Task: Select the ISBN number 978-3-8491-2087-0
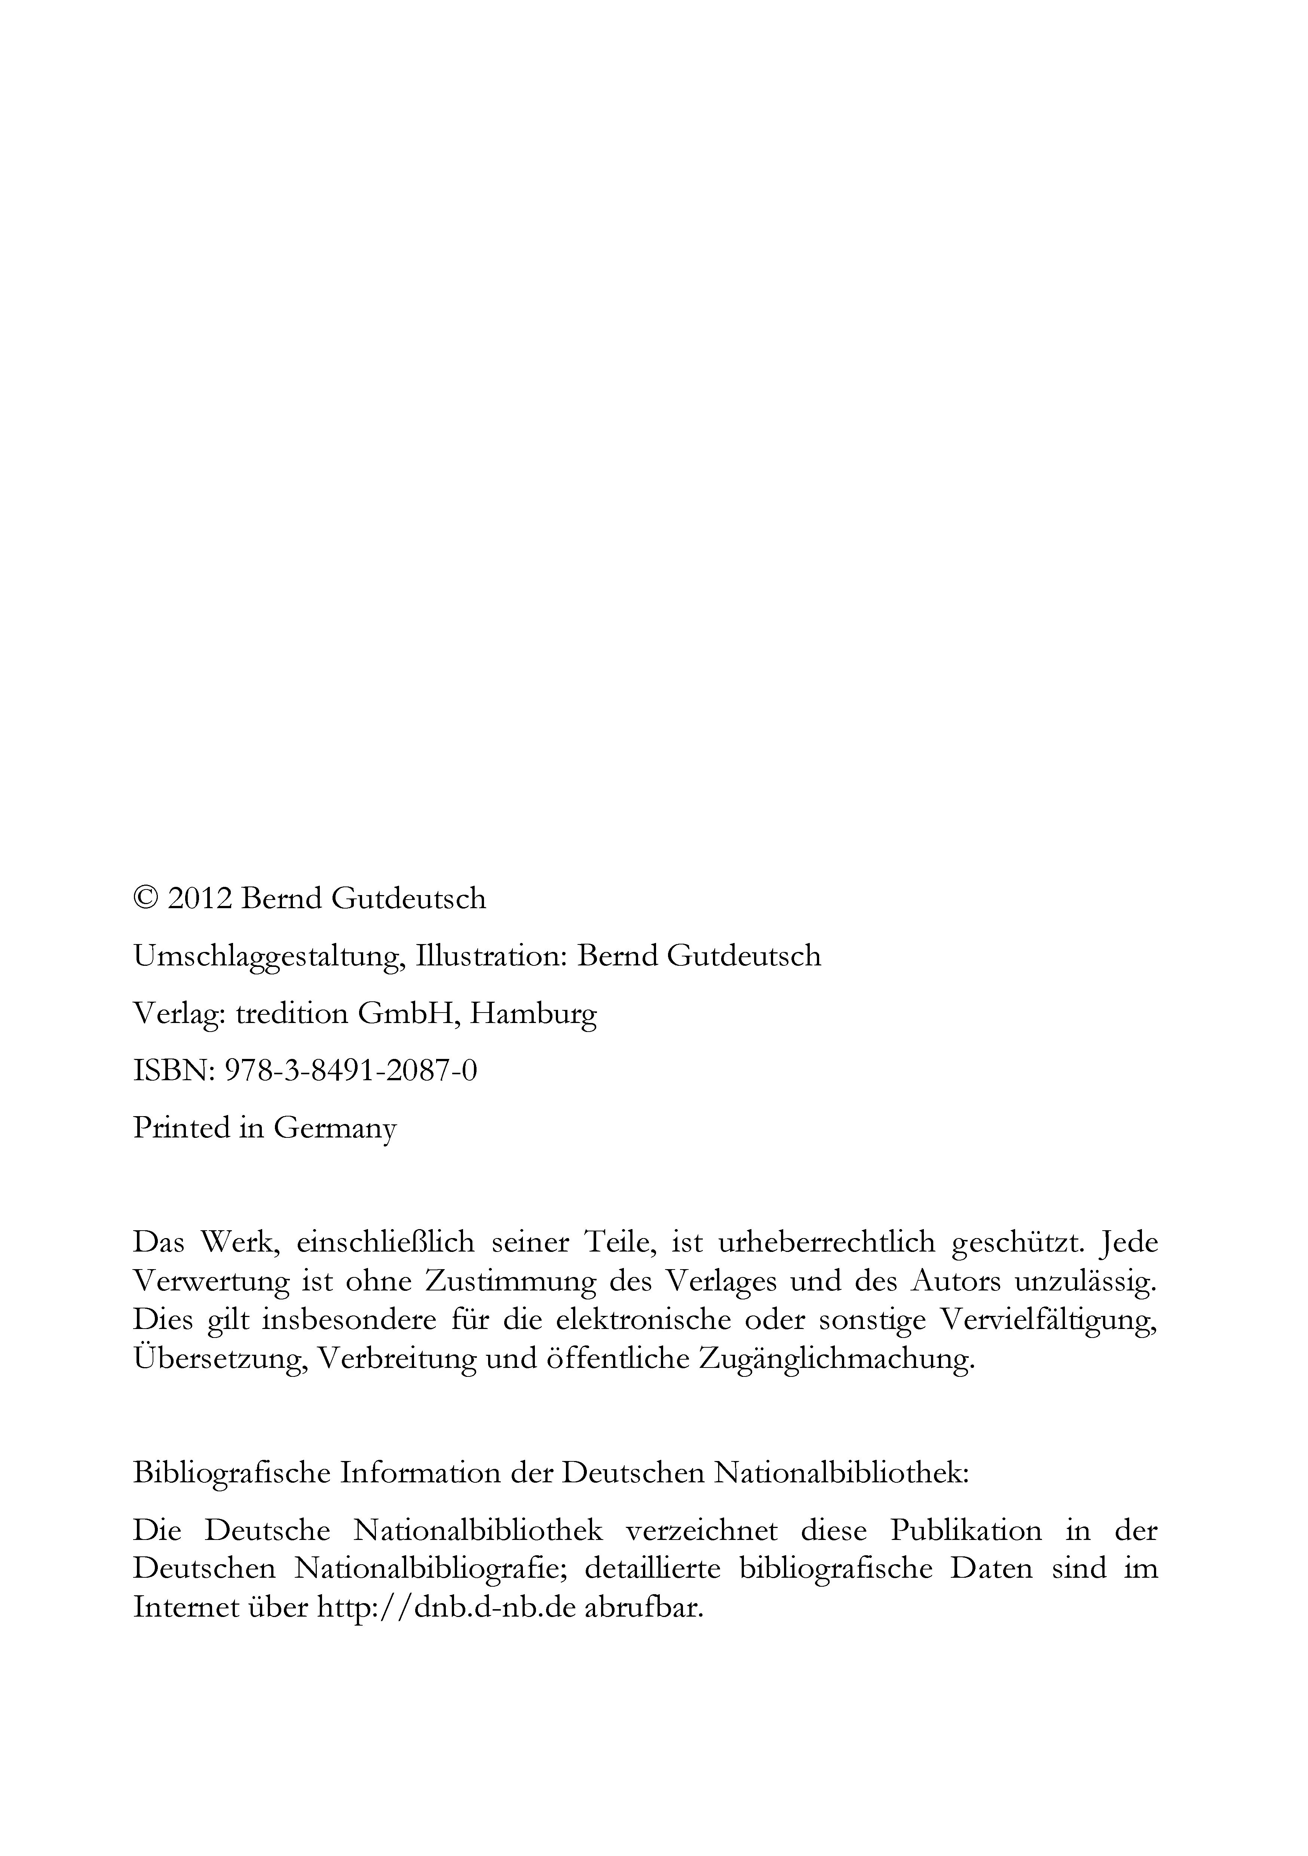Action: click(x=350, y=1071)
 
